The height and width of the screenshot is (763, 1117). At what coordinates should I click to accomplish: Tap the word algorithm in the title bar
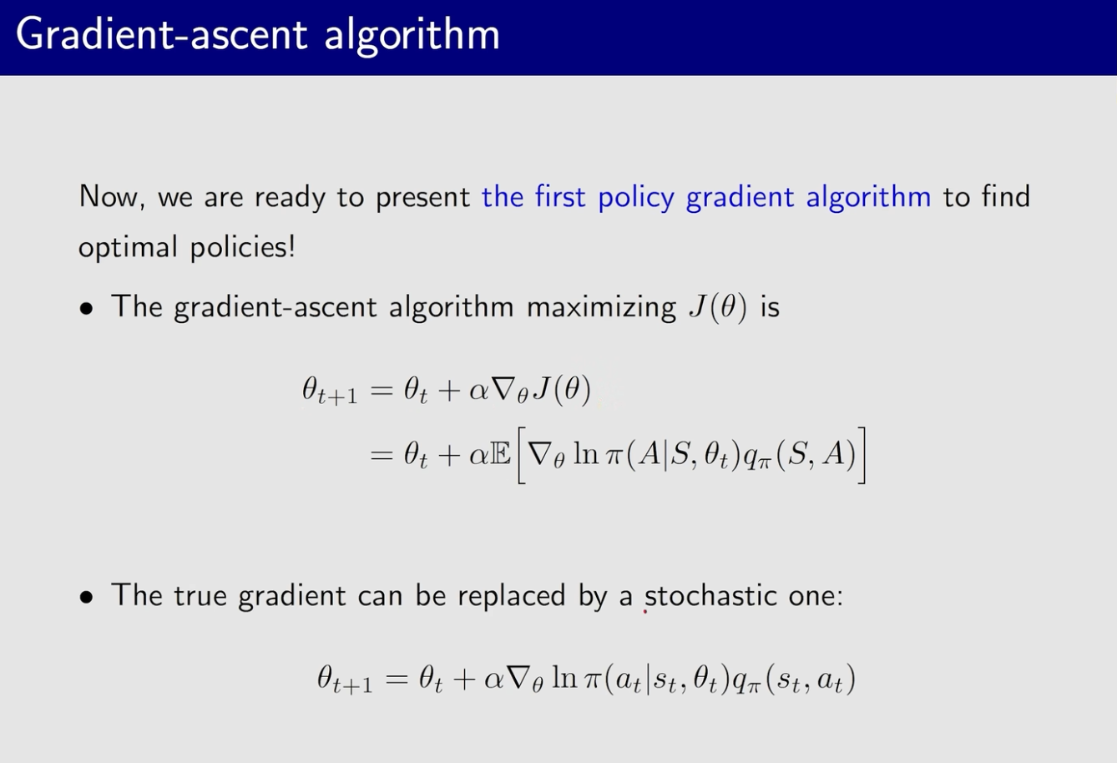(412, 35)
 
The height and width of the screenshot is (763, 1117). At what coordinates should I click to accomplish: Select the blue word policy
(635, 198)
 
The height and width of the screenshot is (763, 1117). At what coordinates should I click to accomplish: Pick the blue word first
(559, 195)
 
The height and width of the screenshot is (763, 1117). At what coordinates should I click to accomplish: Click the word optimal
(128, 248)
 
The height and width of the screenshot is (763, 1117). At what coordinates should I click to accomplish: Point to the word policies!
(243, 247)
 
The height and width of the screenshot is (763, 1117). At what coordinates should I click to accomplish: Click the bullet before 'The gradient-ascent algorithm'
(86, 309)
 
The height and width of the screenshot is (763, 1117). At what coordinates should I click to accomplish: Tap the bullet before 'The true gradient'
(86, 597)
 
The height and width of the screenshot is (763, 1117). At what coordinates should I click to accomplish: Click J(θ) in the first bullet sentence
(718, 306)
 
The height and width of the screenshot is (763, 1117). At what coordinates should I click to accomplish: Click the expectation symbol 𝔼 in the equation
(501, 455)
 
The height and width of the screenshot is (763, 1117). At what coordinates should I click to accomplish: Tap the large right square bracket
(862, 455)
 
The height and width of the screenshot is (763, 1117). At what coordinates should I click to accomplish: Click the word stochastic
(710, 595)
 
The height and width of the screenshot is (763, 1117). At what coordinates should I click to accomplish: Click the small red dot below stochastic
(644, 611)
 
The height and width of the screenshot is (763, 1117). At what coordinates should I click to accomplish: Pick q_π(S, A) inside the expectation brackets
(800, 456)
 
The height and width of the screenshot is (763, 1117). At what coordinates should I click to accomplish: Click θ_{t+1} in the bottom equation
(345, 680)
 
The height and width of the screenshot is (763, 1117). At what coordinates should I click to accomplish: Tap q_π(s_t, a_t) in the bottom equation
(794, 680)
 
